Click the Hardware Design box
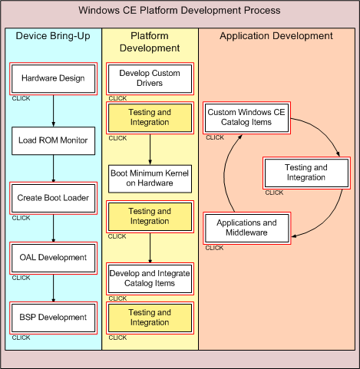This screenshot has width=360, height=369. point(53,79)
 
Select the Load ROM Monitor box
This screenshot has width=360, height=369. point(53,140)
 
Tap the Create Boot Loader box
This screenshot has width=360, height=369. point(53,198)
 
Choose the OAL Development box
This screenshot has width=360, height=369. point(53,258)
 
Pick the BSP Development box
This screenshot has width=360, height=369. point(53,318)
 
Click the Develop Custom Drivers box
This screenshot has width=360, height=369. point(150,79)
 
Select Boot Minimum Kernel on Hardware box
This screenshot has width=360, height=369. point(150,179)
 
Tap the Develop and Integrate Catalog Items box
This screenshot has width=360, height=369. point(150,278)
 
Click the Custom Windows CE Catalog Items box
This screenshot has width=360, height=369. point(246,118)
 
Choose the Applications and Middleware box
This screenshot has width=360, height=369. point(246,228)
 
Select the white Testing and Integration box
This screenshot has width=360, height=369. point(306,173)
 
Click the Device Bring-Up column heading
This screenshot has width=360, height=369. point(53,36)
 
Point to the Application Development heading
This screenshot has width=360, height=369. point(276,36)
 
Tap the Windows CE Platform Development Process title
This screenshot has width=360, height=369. point(180,11)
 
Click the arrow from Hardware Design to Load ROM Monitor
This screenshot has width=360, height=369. point(54,110)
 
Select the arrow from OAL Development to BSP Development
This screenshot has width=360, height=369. point(54,288)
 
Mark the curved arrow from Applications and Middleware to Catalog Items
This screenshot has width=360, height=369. point(224,174)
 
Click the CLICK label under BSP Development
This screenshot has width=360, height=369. point(21,338)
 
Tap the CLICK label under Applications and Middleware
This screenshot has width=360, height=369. point(214,248)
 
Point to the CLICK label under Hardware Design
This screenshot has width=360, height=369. point(21,98)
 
